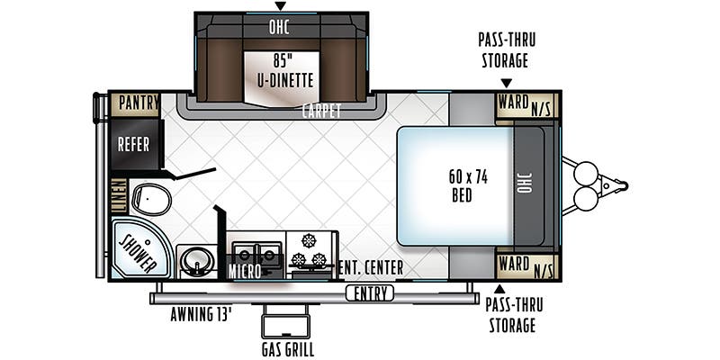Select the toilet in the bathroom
151,200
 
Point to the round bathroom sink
197,262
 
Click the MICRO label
245,272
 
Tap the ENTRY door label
370,293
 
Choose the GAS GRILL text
288,349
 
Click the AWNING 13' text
200,314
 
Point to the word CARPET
321,111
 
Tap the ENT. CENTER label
370,266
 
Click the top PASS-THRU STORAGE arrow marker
506,83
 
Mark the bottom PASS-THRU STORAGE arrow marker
499,289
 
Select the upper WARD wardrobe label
513,103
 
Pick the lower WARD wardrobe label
513,264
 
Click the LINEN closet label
119,195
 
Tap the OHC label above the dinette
279,28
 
